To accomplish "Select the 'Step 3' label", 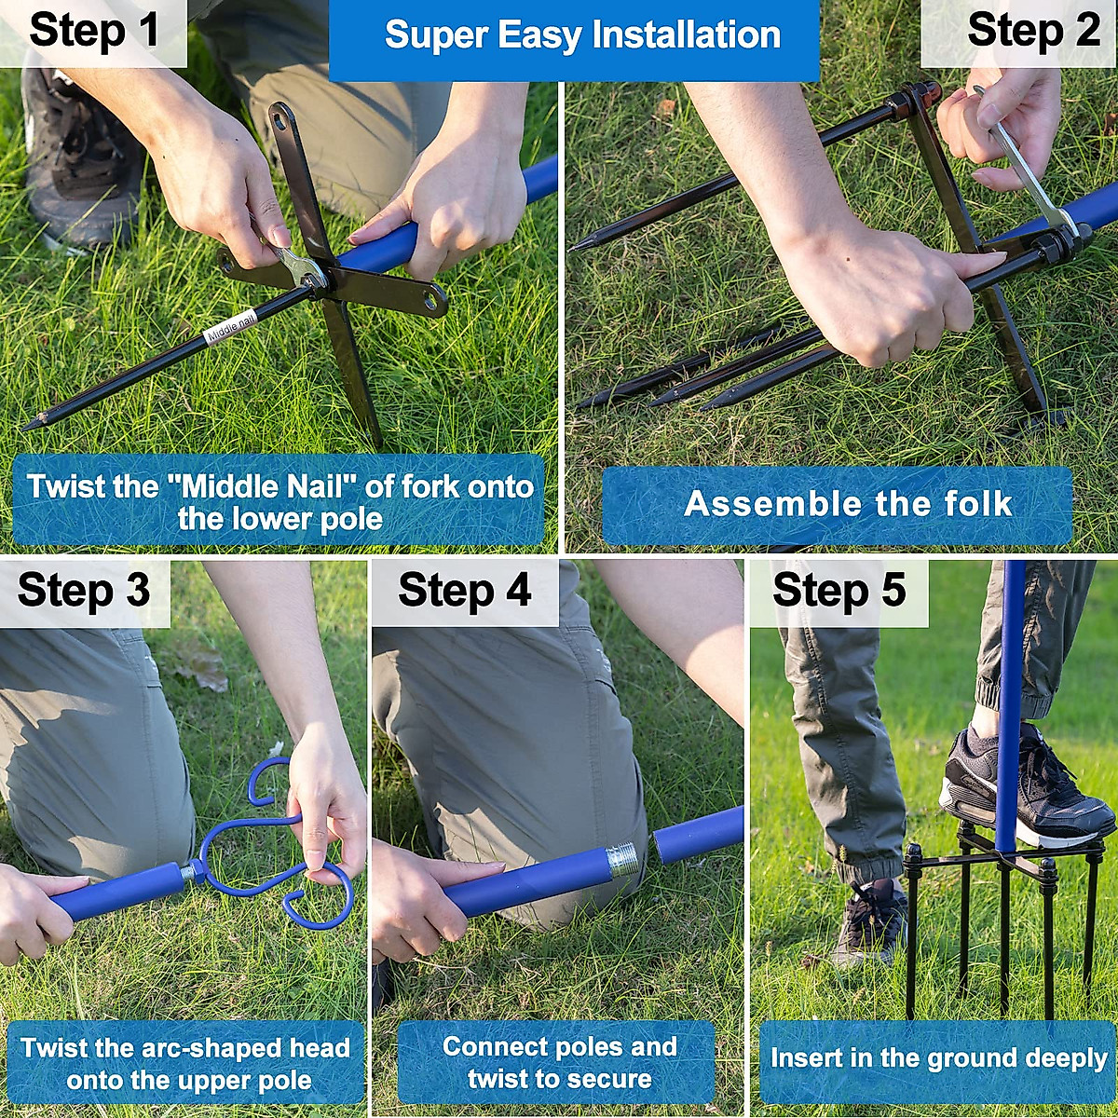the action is pyautogui.click(x=84, y=590).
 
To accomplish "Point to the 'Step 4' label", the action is pyautogui.click(x=465, y=590).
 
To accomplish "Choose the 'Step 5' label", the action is pyautogui.click(x=838, y=590).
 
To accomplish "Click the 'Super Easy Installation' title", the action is pyautogui.click(x=582, y=35).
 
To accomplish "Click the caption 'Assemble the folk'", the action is pyautogui.click(x=848, y=504).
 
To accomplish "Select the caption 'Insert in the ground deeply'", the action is pyautogui.click(x=938, y=1057).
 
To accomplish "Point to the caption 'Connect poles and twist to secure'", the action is pyautogui.click(x=559, y=1063).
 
